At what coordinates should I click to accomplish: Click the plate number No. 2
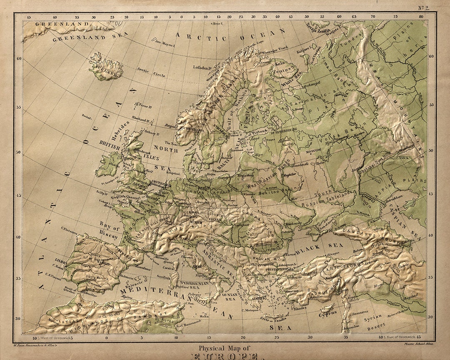tap(426, 7)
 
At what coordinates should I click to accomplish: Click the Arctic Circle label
tap(151, 73)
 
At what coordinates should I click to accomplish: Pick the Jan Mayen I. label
tap(163, 42)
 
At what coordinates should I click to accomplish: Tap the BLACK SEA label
tap(314, 249)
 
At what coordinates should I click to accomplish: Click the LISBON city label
tap(60, 261)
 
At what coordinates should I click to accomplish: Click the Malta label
tap(205, 316)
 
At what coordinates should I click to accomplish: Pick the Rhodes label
tap(300, 308)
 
